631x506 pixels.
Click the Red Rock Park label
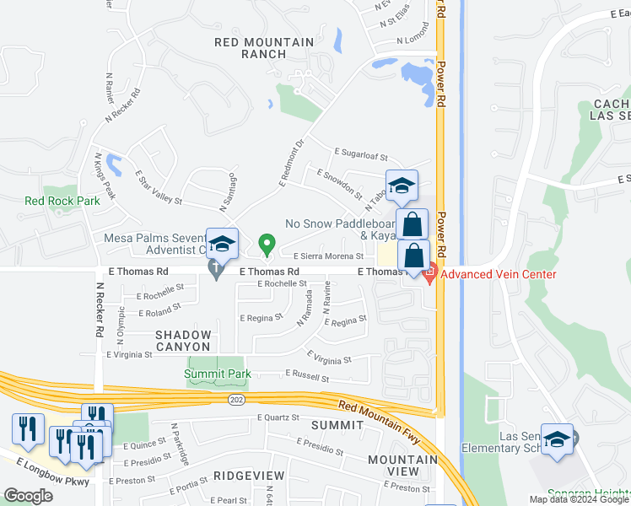62,201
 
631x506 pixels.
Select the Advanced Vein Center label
499,274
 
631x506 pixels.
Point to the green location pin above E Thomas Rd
267,245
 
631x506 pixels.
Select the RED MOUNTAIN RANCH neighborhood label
251,47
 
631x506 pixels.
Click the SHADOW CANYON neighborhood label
182,341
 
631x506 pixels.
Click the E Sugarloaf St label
360,157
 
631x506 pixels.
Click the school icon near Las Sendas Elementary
557,439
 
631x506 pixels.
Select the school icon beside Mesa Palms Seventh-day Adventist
222,245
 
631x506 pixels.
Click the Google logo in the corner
29,496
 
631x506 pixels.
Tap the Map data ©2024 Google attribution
578,499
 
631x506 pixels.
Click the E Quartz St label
278,417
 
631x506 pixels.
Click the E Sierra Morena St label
328,256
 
